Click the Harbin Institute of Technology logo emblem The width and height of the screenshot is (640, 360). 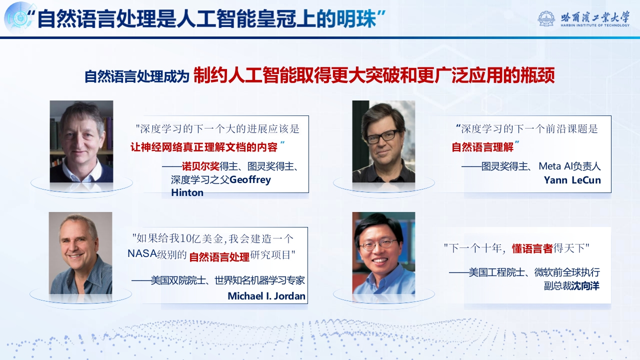[546, 18]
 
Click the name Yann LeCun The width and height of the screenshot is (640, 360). [572, 180]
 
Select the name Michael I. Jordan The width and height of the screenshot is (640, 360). [266, 296]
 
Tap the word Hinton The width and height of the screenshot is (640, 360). [187, 192]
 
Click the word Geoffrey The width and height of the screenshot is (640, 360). [250, 180]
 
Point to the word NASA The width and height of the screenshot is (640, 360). [142, 253]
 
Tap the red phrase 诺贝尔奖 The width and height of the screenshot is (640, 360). [200, 166]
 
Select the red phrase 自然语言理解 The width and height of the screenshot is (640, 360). [482, 147]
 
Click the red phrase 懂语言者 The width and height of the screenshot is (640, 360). [532, 248]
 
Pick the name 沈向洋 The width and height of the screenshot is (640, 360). [585, 285]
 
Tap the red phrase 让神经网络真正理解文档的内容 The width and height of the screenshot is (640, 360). [203, 147]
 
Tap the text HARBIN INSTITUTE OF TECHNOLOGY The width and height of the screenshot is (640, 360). [595, 25]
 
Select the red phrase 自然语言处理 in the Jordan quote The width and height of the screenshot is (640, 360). [219, 257]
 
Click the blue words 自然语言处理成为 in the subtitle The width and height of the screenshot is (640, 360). [137, 76]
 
